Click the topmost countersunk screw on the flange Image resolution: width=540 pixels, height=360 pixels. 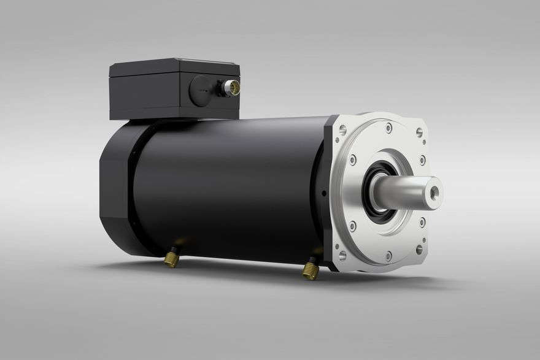point(388,129)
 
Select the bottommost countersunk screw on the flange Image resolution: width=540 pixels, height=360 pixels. point(388,255)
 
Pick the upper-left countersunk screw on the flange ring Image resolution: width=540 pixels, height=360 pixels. point(352,159)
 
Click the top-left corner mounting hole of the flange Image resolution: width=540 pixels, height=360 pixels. point(342,129)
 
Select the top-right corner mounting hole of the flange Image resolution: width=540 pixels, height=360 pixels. point(419,132)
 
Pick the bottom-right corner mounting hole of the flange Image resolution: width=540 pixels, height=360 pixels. point(418,250)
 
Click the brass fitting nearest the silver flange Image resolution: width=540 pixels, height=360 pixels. point(311,269)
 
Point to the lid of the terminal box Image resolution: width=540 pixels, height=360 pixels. point(174,67)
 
